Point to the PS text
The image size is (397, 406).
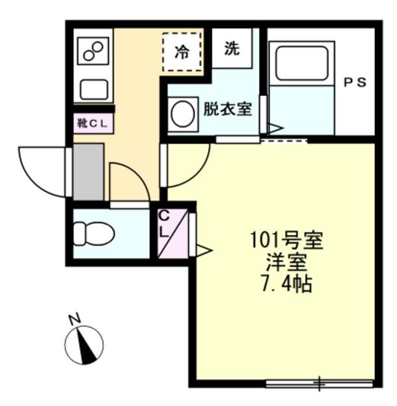pos(355,83)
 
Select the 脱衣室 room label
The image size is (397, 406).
pos(227,109)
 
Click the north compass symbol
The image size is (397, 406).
pos(85,345)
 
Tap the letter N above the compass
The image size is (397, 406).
pos(75,319)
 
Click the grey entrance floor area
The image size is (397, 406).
pos(88,172)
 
